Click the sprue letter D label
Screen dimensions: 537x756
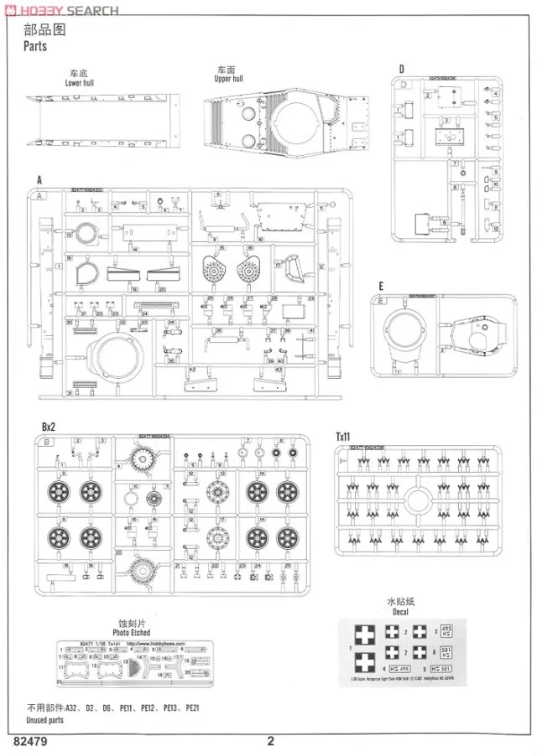point(401,69)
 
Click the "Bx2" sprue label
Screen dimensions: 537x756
point(50,427)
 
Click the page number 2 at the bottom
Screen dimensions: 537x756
point(270,741)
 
